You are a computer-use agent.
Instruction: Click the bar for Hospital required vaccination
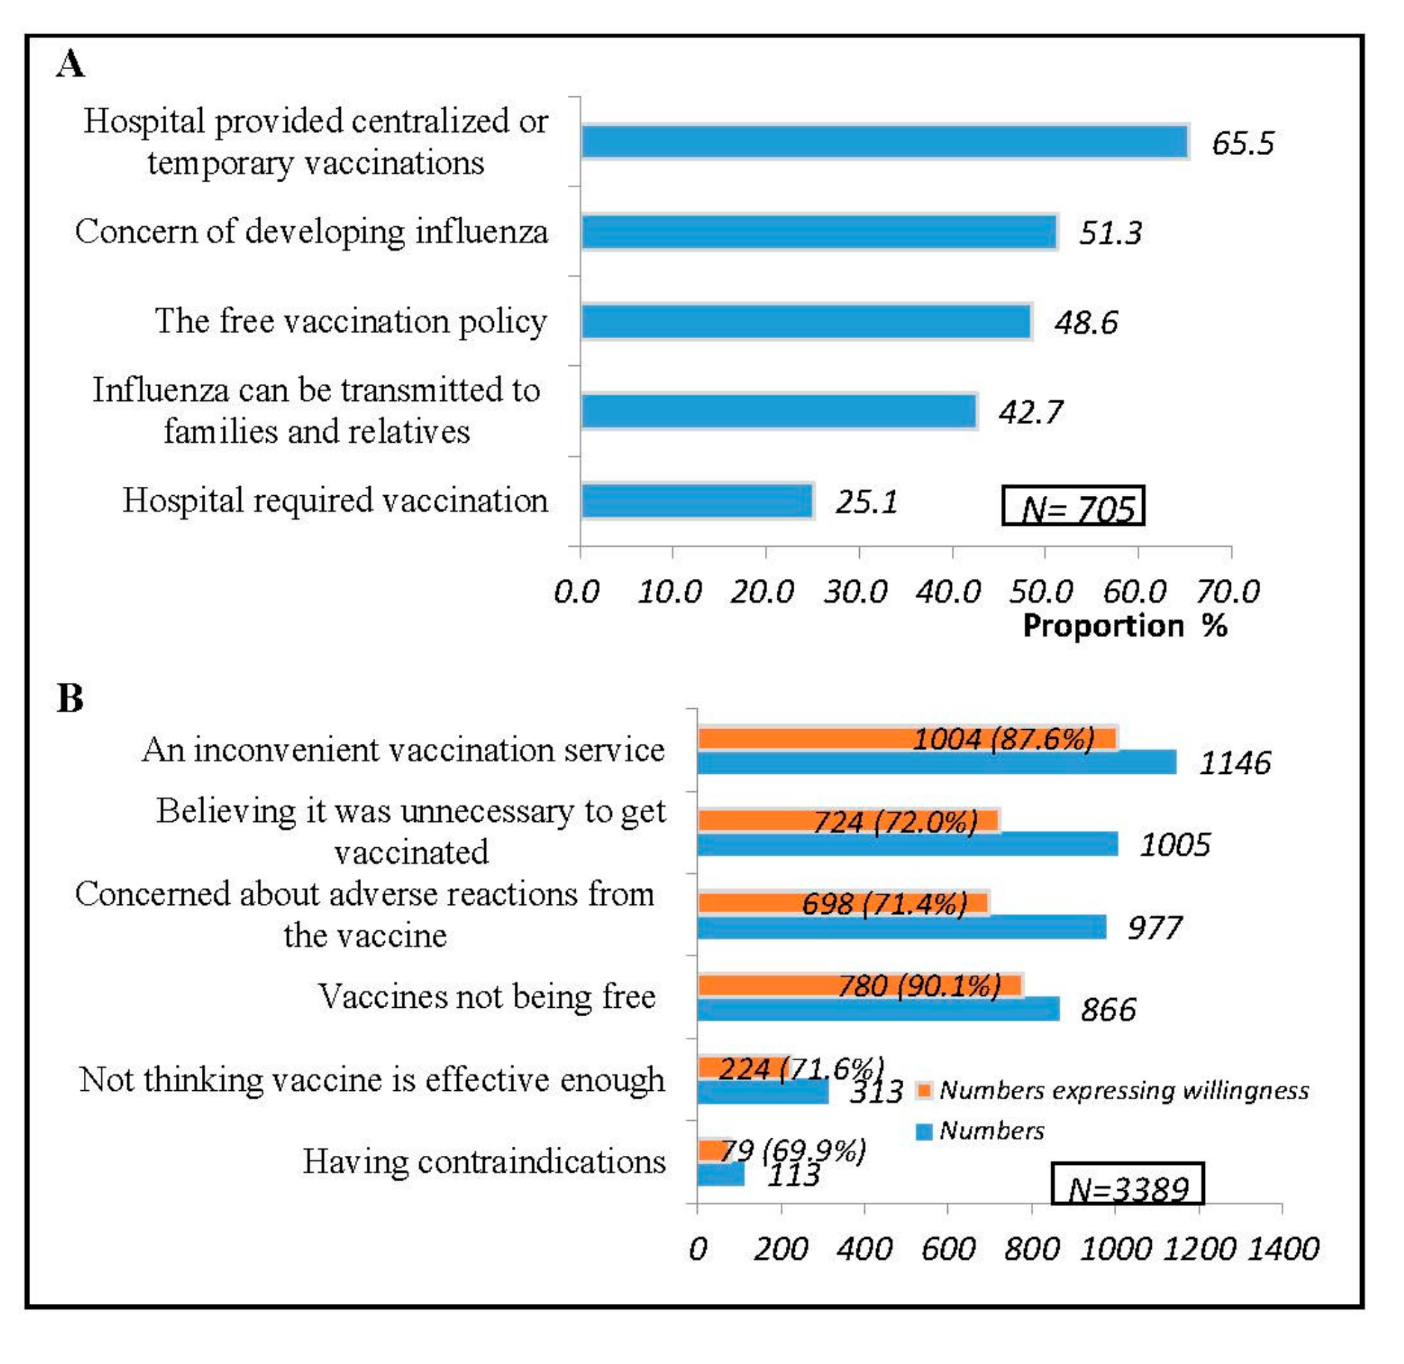(697, 501)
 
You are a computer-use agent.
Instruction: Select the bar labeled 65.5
(885, 142)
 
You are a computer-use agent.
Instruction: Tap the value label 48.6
(1085, 323)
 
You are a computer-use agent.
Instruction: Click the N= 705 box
(1072, 506)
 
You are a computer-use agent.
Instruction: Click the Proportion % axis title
(1125, 626)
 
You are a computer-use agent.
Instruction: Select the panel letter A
(70, 64)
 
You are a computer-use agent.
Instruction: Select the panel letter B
(70, 698)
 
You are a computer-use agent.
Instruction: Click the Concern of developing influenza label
(312, 231)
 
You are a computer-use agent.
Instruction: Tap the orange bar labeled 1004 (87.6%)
(906, 739)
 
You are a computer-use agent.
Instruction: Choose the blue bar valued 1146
(936, 762)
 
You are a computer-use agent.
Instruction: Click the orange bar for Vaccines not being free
(860, 985)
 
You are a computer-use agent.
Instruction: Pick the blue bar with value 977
(901, 927)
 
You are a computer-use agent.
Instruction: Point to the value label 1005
(1174, 845)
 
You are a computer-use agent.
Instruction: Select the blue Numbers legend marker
(924, 1131)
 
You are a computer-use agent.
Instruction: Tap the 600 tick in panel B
(947, 1249)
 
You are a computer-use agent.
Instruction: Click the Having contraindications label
(483, 1161)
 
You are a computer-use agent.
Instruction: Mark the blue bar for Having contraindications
(721, 1174)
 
